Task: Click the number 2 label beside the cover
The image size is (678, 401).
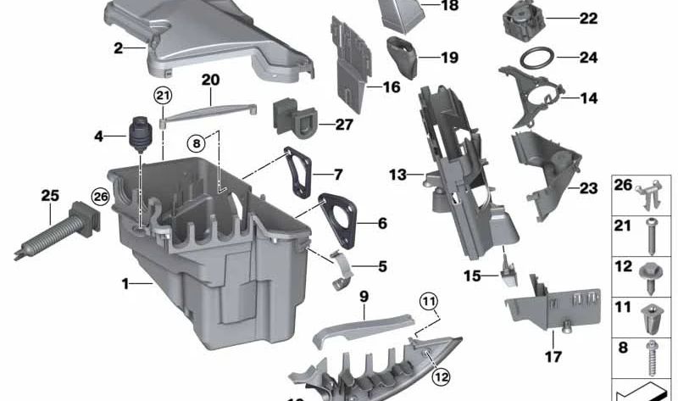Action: click(x=119, y=48)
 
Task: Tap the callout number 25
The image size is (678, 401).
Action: click(x=51, y=196)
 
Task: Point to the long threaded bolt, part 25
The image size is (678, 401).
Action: click(x=51, y=232)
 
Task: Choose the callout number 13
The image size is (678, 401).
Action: click(x=398, y=175)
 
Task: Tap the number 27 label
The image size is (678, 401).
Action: click(x=320, y=125)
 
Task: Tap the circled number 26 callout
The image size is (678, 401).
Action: click(x=101, y=197)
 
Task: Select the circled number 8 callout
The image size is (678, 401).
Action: click(x=197, y=143)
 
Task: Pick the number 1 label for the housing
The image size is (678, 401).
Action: click(x=125, y=284)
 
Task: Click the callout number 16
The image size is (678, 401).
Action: click(x=392, y=86)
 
